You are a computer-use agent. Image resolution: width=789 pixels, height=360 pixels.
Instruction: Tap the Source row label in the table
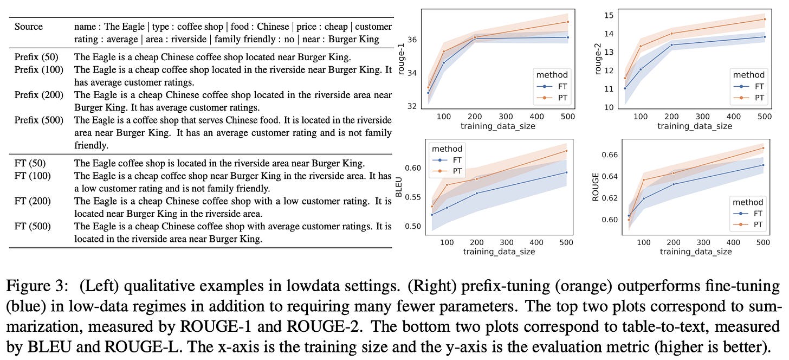tap(29, 27)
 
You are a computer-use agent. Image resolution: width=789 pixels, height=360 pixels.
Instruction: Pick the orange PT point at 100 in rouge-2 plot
tap(641, 46)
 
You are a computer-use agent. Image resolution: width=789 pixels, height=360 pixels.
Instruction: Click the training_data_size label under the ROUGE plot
tap(695, 252)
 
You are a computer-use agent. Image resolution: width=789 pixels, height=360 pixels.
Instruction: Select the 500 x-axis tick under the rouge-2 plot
tap(764, 117)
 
